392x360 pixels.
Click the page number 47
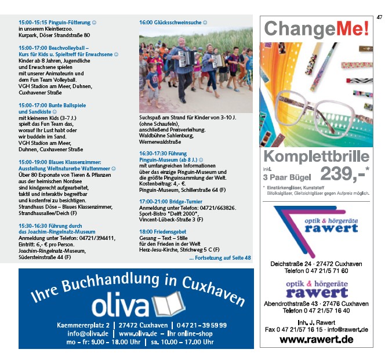click(x=380, y=17)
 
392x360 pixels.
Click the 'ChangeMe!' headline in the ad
click(x=317, y=28)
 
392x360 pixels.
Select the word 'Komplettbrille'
click(x=316, y=157)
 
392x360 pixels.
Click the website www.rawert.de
click(x=316, y=340)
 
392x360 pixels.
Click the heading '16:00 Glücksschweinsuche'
click(x=173, y=23)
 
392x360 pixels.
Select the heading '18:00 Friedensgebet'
click(x=164, y=231)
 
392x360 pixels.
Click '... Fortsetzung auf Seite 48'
click(x=219, y=258)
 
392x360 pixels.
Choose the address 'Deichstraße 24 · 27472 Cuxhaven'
click(x=316, y=264)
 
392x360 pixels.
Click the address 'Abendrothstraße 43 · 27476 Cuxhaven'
click(x=316, y=304)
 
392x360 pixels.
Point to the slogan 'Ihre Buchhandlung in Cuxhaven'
click(x=137, y=288)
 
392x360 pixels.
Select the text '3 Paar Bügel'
click(x=286, y=176)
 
